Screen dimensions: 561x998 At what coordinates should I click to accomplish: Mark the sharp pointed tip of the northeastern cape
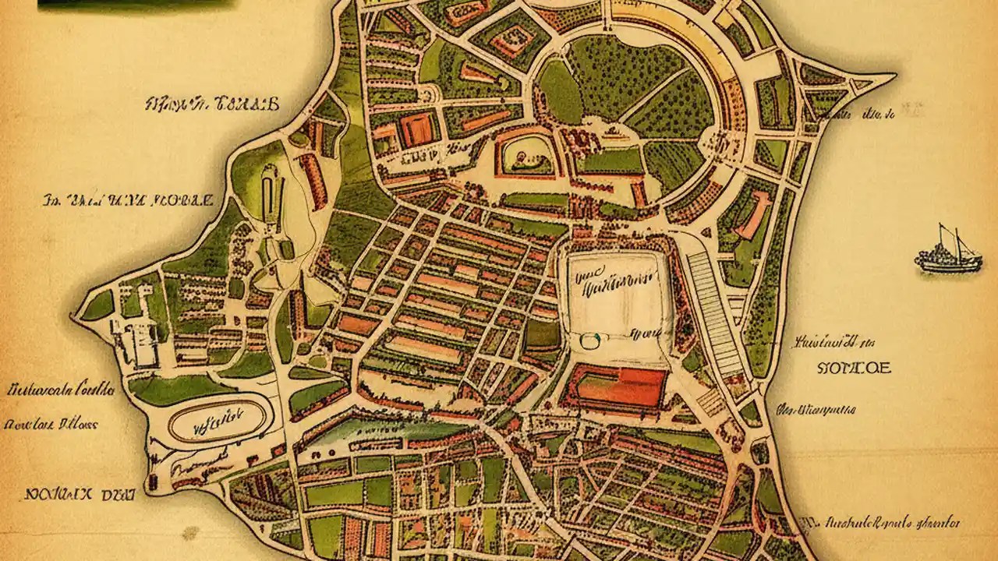pyautogui.click(x=893, y=76)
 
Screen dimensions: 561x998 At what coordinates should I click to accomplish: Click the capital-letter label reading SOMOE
pyautogui.click(x=853, y=368)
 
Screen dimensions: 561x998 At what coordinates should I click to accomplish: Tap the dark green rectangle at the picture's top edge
pyautogui.click(x=136, y=4)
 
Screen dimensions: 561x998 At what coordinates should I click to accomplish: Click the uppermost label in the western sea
pyautogui.click(x=211, y=104)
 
